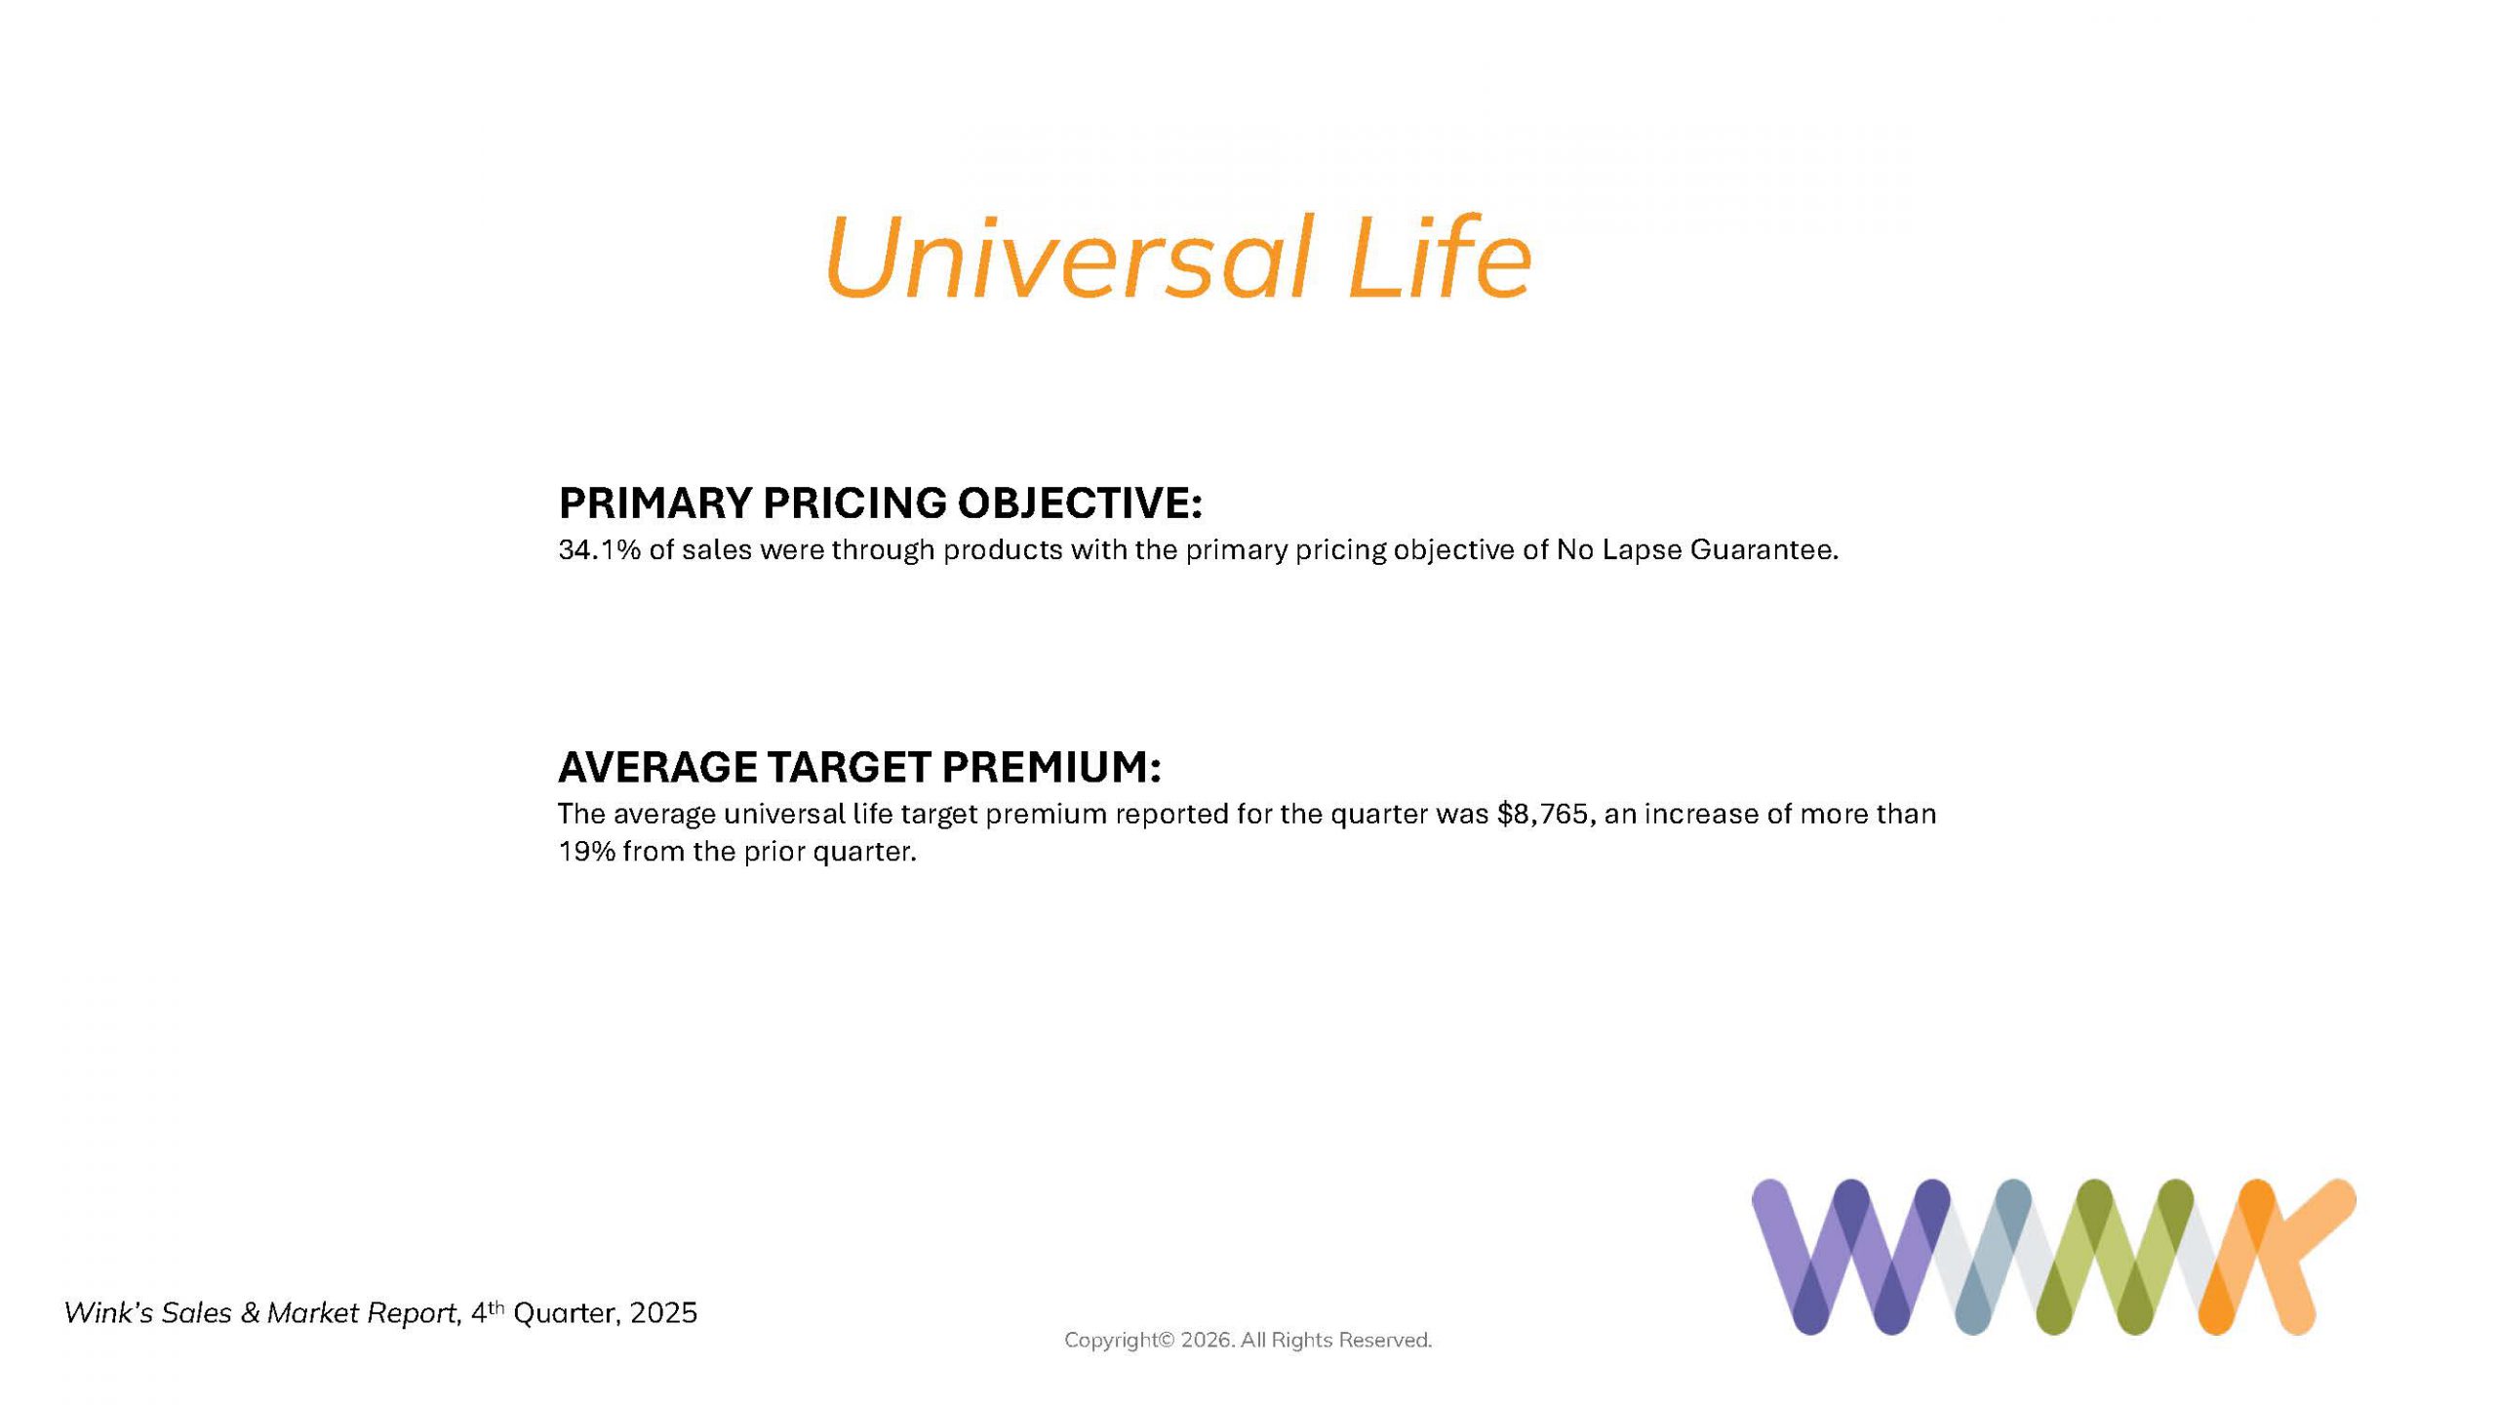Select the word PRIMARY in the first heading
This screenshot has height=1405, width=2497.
coord(654,503)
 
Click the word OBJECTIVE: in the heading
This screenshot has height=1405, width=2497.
coord(1080,503)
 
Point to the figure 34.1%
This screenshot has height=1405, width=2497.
coord(600,550)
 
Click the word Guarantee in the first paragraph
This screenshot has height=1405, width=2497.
coord(1763,550)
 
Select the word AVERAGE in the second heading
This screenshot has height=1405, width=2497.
coord(657,767)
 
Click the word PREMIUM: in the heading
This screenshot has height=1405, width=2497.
coord(1050,767)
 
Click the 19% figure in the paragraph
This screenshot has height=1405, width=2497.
coord(587,852)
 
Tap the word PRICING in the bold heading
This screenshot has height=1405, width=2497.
coord(853,503)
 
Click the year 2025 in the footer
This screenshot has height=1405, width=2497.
coord(663,1313)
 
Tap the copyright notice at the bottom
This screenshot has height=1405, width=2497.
coord(1248,1341)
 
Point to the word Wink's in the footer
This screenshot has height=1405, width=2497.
coord(108,1313)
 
